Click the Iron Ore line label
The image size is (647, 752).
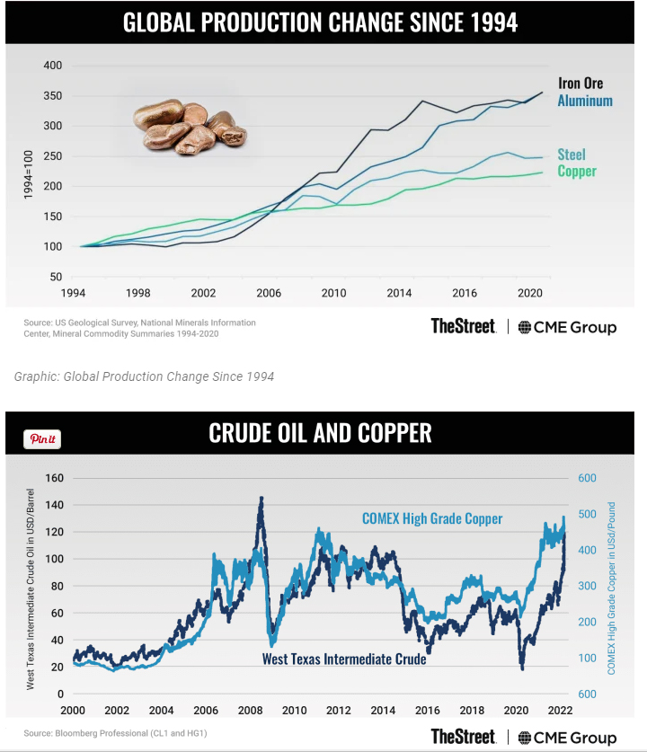click(x=580, y=84)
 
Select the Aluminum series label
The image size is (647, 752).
click(x=585, y=101)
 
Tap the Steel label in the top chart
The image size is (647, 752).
click(x=572, y=155)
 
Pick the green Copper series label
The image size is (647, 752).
click(x=577, y=171)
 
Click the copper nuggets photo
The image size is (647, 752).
click(x=189, y=126)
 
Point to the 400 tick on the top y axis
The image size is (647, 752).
click(x=52, y=66)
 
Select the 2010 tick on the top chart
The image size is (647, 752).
click(x=333, y=293)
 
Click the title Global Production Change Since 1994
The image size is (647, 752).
click(x=321, y=22)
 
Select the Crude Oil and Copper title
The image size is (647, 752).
click(x=321, y=434)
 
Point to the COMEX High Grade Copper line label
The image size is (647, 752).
click(x=432, y=518)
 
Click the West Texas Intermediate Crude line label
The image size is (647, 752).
click(x=344, y=659)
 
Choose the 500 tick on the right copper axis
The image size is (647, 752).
click(x=589, y=514)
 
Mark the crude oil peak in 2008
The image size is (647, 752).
click(x=261, y=497)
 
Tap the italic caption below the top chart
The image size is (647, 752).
click(x=144, y=376)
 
